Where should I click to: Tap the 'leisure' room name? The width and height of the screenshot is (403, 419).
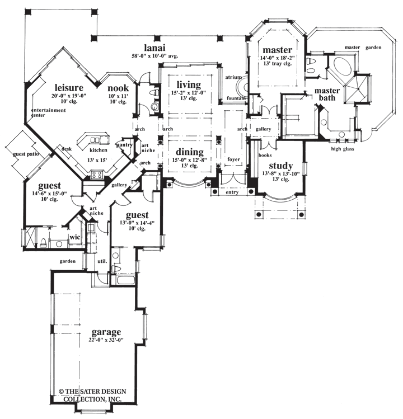coord(69,88)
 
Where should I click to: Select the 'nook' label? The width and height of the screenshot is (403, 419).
coord(118,88)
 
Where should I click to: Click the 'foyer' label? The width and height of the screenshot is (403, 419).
coord(233,159)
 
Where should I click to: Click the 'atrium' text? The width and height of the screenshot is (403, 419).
coord(233,77)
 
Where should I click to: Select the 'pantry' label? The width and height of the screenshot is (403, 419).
coord(124,145)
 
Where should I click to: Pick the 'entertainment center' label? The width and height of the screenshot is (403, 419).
coord(49,112)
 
